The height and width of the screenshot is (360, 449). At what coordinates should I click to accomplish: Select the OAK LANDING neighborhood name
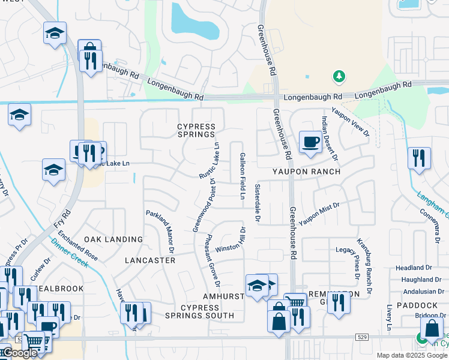(113, 239)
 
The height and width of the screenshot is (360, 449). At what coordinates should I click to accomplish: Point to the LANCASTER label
(150, 260)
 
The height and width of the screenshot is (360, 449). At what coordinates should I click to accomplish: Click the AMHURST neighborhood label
(223, 296)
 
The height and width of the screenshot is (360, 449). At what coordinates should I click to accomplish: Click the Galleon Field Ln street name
(243, 176)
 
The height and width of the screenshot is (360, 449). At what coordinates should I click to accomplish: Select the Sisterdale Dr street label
(257, 204)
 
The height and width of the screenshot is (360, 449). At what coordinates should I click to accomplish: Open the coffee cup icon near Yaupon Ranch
(310, 142)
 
